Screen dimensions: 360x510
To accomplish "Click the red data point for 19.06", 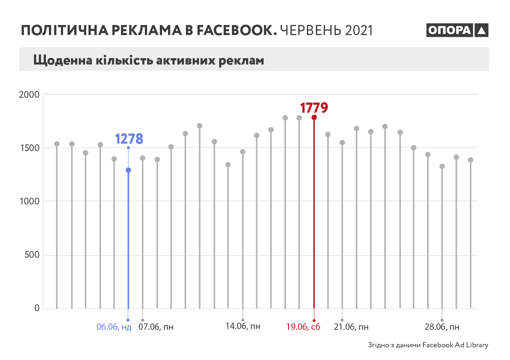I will coord(314,118).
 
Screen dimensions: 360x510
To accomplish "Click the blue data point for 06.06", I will coord(128,170).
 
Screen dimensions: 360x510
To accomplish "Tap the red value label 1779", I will coord(314,108).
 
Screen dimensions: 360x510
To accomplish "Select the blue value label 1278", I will coord(129,139).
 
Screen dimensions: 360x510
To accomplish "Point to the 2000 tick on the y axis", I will coord(29,94).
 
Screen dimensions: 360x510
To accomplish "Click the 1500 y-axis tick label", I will coord(29,148).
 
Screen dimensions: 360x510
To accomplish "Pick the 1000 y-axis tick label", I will coord(29,201).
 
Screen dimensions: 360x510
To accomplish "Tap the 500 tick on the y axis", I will coord(32,255).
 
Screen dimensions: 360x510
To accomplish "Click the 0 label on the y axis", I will coord(37,308).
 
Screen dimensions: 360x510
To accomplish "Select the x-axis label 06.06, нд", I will coord(114,327).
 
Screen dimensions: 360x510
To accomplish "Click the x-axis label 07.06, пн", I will coord(156,327).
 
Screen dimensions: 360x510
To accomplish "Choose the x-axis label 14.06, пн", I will coord(243,326).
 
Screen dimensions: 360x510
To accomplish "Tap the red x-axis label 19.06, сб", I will coord(303,327).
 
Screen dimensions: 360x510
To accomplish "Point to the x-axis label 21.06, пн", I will coord(351,327).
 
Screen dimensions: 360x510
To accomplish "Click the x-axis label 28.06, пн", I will coord(442,327).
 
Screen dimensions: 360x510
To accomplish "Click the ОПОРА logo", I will coord(457,30).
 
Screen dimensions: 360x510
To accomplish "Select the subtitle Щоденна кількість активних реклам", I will coord(149,60).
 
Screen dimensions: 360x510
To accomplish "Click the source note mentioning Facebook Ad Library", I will coord(428,345).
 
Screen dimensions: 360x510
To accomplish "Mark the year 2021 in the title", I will coord(359,31).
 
